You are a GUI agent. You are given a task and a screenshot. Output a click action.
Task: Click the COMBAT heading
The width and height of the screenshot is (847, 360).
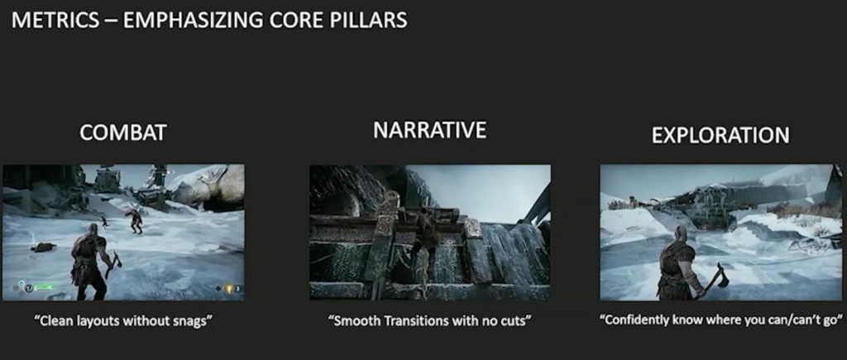click(x=122, y=132)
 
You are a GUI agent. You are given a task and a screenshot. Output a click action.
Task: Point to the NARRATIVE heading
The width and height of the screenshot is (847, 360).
click(x=429, y=130)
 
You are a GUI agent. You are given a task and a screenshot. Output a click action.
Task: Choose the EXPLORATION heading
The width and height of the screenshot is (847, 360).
click(x=720, y=136)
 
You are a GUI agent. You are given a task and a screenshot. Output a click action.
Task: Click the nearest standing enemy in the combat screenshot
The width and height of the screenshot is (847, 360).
click(x=135, y=220)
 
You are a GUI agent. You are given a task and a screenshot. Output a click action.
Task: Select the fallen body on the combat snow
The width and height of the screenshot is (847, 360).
click(x=43, y=247)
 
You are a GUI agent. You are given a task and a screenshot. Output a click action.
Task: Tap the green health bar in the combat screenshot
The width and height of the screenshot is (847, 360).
click(x=43, y=287)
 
